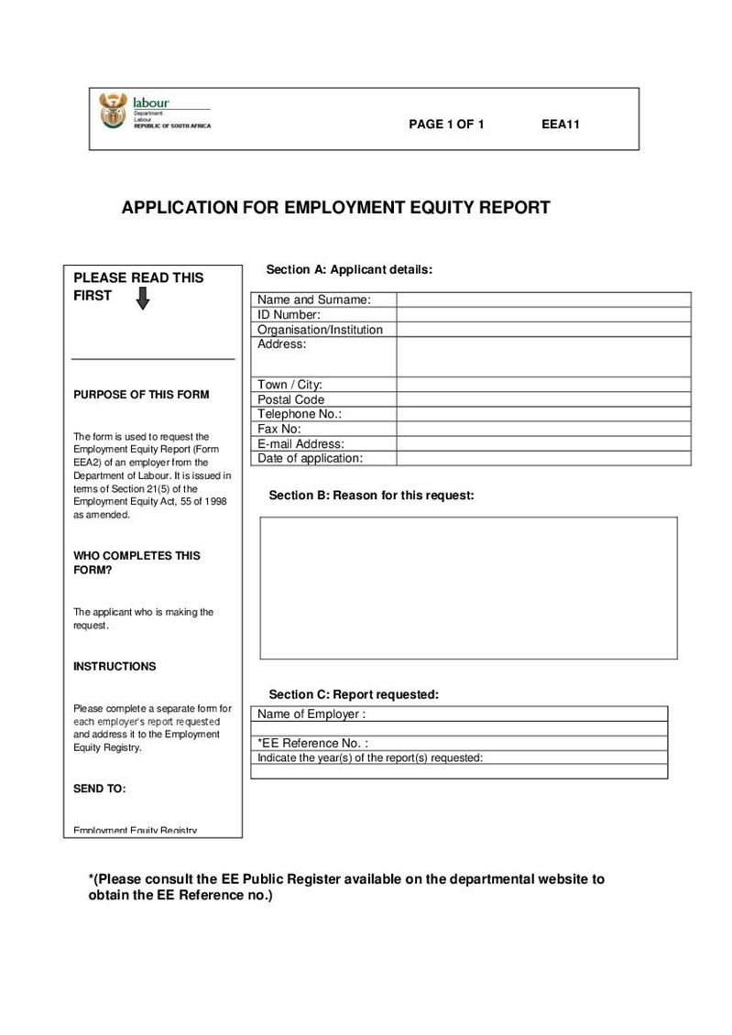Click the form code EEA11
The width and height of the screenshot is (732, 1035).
(x=561, y=125)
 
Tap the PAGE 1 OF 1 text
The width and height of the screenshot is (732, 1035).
(x=446, y=125)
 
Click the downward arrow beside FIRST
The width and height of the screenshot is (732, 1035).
(x=142, y=299)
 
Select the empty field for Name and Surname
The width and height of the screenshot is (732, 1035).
(x=543, y=300)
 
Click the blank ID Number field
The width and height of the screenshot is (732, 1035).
(x=543, y=314)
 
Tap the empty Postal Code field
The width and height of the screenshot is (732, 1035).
(x=543, y=399)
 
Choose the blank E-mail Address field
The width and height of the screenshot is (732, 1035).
(x=543, y=443)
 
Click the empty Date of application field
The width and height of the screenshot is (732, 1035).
(x=543, y=458)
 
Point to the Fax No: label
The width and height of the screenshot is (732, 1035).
(x=279, y=429)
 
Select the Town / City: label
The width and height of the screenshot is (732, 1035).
(x=290, y=385)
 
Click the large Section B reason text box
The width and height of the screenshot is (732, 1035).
(x=468, y=587)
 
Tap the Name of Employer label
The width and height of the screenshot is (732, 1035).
(x=311, y=714)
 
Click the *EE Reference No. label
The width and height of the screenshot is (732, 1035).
(x=313, y=743)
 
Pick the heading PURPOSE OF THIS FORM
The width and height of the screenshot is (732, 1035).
(x=141, y=395)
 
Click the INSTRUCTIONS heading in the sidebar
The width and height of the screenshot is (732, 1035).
(x=115, y=667)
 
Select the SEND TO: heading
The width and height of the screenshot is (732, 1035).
(x=100, y=789)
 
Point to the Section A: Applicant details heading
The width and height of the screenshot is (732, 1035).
(x=349, y=269)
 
